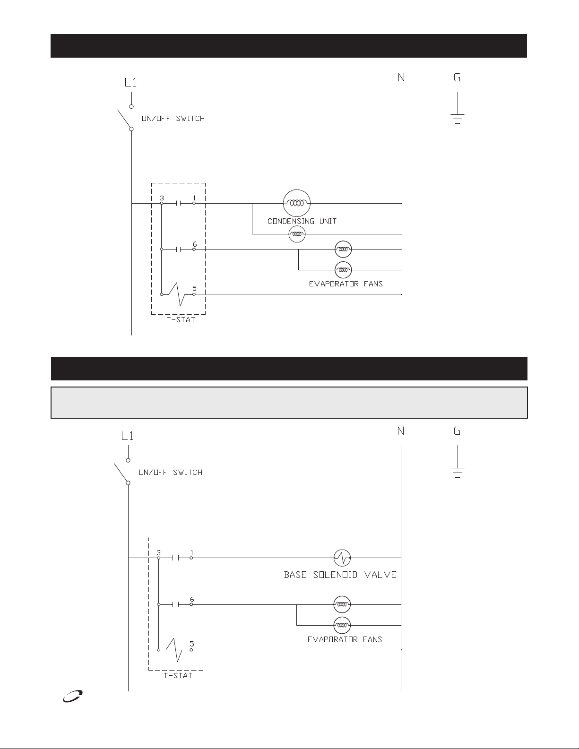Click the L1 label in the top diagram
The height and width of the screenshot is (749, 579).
pos(130,83)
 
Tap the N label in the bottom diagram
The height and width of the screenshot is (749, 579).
pos(401,430)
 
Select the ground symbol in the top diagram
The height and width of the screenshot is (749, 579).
pos(458,116)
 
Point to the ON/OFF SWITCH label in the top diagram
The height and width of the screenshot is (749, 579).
pos(173,119)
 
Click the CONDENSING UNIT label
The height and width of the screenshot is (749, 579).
pos(302,221)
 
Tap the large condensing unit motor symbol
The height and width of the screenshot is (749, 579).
pos(297,203)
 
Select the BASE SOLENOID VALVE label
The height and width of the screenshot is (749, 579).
pos(340,575)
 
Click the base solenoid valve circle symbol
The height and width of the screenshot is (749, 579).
pos(342,558)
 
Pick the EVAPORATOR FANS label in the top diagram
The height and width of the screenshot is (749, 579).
pos(346,284)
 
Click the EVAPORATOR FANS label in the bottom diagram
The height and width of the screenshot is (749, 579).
pos(345,639)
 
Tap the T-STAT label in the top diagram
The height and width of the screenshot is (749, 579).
pos(178,320)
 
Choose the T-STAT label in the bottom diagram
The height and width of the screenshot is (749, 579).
pos(178,675)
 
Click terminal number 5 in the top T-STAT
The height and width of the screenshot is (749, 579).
pos(194,288)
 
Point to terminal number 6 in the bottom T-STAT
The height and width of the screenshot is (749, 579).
pos(192,599)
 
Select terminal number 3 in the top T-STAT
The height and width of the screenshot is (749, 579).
pos(162,198)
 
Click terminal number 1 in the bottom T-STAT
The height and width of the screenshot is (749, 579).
pos(191,552)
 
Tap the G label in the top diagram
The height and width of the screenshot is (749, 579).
pos(457,77)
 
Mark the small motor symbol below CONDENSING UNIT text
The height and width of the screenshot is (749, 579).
pos(297,234)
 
